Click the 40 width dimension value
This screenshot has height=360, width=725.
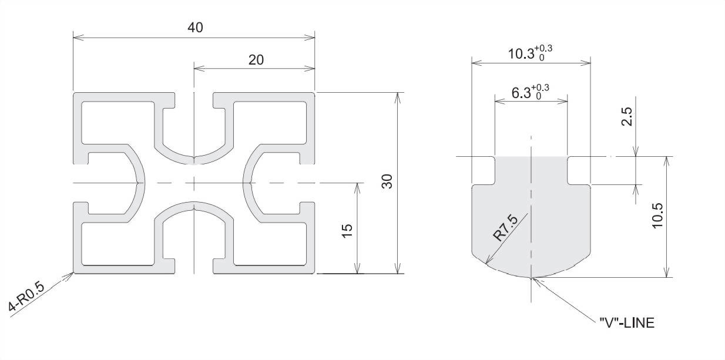click(x=195, y=28)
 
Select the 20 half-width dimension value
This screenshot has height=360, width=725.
click(x=256, y=60)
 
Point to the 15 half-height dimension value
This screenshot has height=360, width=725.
click(x=347, y=231)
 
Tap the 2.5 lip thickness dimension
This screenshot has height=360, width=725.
click(x=627, y=116)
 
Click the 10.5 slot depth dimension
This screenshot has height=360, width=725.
click(x=657, y=216)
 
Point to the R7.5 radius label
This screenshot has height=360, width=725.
click(x=505, y=228)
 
